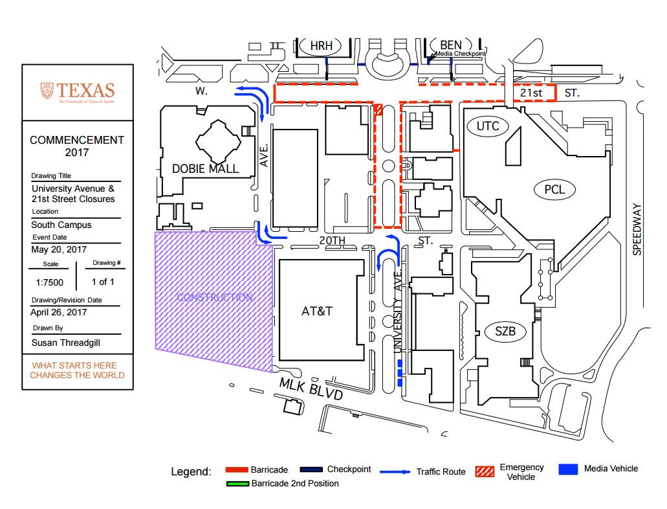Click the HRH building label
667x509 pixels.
point(321,46)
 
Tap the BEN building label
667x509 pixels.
point(450,45)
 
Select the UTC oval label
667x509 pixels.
point(488,126)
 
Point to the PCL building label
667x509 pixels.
point(554,190)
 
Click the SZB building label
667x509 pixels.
point(505,332)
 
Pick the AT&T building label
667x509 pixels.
point(317,311)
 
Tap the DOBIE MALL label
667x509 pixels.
point(205,169)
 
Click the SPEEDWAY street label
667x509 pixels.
point(637,230)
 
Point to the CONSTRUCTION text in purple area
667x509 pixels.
point(215,297)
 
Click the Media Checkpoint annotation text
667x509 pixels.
point(459,54)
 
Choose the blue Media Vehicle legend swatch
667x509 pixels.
point(568,469)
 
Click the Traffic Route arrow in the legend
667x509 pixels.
point(395,472)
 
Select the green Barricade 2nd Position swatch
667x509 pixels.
point(237,483)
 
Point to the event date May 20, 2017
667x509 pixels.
point(59,249)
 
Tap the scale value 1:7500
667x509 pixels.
point(50,282)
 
